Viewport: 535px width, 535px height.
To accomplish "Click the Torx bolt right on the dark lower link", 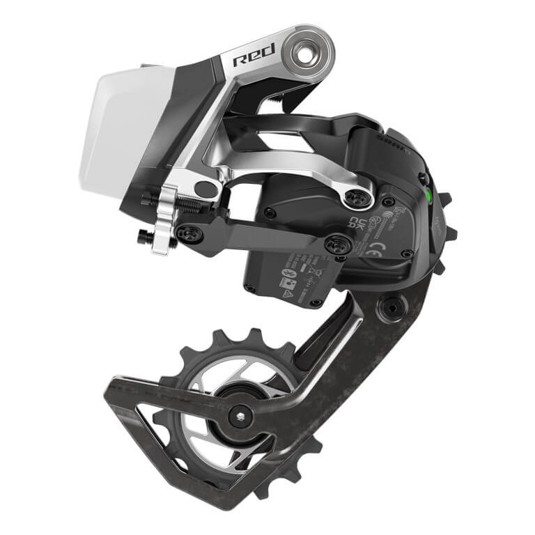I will tap(339, 245).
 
